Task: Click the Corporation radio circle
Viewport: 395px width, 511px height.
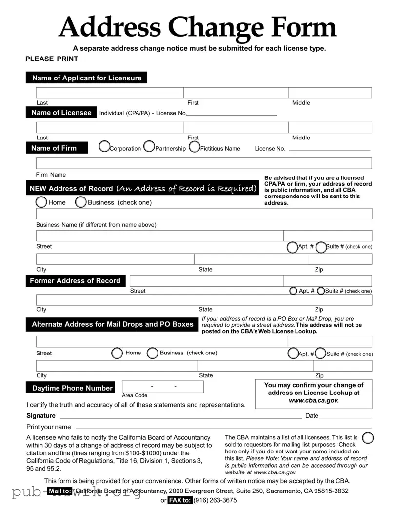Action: [x=104, y=146]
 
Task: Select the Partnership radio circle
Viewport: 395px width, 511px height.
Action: [x=149, y=146]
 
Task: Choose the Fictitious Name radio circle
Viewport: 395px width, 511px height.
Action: [x=194, y=146]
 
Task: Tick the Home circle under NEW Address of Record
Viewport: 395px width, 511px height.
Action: [x=41, y=202]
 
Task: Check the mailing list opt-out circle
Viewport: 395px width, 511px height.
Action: [x=368, y=438]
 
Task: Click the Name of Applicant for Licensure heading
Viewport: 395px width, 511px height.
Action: [x=86, y=78]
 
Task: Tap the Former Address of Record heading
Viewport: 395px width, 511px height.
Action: [x=75, y=281]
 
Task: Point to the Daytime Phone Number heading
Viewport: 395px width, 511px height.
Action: [x=72, y=388]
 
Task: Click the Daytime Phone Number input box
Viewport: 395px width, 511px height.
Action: [x=162, y=386]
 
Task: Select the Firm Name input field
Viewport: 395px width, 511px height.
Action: [x=204, y=163]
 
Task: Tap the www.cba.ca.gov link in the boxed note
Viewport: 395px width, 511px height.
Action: [x=314, y=400]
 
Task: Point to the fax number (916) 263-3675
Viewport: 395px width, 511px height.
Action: [x=215, y=500]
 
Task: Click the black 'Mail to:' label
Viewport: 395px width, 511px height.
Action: [x=60, y=491]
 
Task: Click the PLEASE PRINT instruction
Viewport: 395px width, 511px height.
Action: [x=52, y=59]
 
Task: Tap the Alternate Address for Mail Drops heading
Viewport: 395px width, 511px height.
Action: [x=112, y=324]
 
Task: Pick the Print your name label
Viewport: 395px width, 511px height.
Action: [x=49, y=427]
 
